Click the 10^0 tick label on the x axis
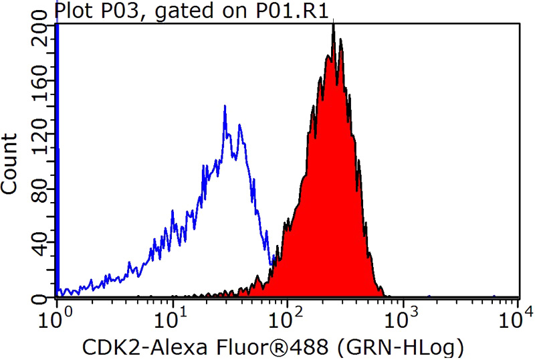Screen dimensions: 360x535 click(x=57, y=314)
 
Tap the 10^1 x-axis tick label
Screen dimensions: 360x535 click(x=173, y=314)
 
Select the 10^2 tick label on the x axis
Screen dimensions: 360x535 click(x=288, y=314)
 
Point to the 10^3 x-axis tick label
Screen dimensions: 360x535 click(x=404, y=314)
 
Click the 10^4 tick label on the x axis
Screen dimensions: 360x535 click(x=517, y=314)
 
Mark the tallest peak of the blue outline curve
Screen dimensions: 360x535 click(x=225, y=106)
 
